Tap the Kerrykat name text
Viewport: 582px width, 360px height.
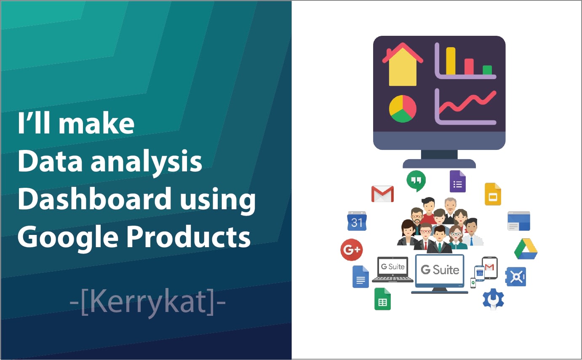[147, 302]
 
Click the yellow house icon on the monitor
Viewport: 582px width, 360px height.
[403, 64]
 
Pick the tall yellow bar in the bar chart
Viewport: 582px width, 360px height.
[451, 61]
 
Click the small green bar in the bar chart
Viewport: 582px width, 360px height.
[487, 70]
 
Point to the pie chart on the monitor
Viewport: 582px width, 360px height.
[403, 109]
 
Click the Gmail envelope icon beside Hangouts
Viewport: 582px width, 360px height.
[382, 194]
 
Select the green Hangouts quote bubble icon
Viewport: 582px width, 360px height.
[416, 181]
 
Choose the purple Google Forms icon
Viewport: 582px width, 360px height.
[457, 181]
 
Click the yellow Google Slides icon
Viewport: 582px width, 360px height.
[493, 194]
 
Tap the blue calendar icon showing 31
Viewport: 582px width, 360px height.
[357, 221]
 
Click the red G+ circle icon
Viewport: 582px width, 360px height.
[352, 250]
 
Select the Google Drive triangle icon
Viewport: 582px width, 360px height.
[526, 249]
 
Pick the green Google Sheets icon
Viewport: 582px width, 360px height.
[382, 299]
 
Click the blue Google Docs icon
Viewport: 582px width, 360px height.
[360, 277]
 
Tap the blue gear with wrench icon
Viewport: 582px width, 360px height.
[493, 299]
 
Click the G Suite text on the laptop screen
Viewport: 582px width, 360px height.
[392, 267]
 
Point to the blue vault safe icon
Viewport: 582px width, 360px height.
[516, 277]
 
